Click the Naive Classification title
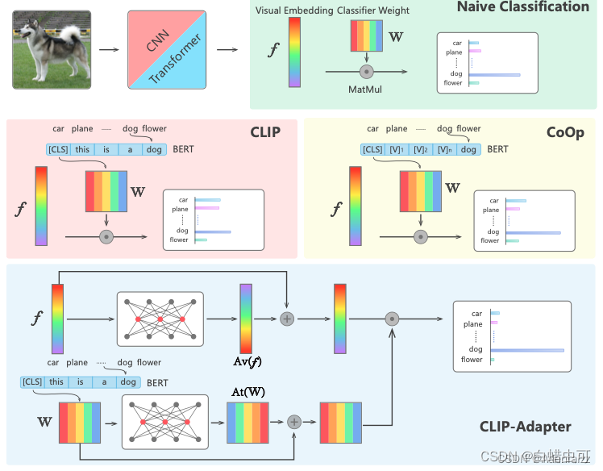click(x=523, y=7)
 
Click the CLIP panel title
click(x=268, y=132)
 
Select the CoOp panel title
click(x=563, y=132)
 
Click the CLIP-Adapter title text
click(x=526, y=427)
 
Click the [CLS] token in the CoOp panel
click(x=372, y=149)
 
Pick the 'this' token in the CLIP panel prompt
click(x=82, y=149)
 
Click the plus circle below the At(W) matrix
click(x=294, y=422)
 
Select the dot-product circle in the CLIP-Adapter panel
click(x=392, y=319)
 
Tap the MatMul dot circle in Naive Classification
click(x=367, y=72)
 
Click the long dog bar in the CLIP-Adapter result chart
click(x=527, y=350)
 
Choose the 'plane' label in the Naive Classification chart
click(x=454, y=52)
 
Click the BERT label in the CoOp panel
click(x=497, y=149)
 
